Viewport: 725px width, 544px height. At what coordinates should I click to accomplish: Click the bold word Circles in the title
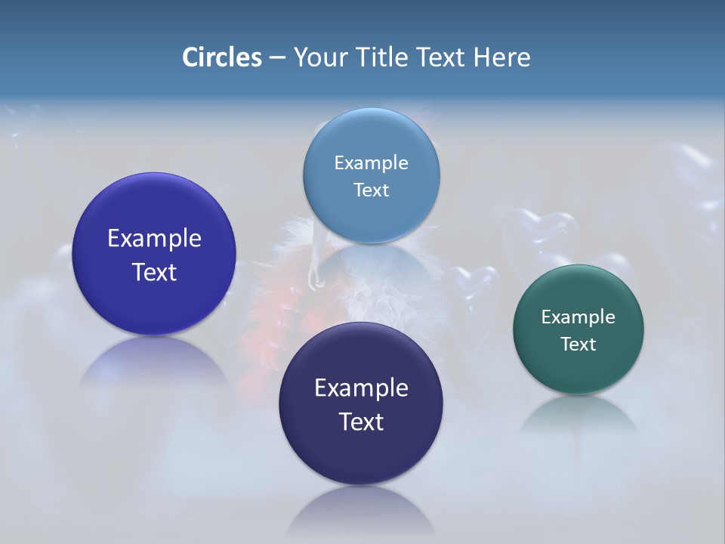pyautogui.click(x=221, y=57)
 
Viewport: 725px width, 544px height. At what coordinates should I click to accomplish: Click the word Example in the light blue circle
pyautogui.click(x=371, y=162)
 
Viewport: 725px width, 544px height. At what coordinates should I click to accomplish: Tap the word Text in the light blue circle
pyautogui.click(x=371, y=190)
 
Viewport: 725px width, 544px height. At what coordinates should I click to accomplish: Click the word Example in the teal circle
pyautogui.click(x=578, y=317)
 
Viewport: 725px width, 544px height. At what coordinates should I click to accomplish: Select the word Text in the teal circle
pyautogui.click(x=578, y=345)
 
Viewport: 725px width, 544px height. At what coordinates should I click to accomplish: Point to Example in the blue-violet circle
pyautogui.click(x=154, y=238)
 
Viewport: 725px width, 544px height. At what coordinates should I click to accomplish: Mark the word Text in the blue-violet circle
pyautogui.click(x=154, y=272)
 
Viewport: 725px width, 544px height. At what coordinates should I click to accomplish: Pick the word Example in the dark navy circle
pyautogui.click(x=361, y=388)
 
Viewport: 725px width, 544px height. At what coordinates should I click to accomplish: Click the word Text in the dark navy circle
pyautogui.click(x=361, y=422)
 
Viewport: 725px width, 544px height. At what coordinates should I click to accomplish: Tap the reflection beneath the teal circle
pyautogui.click(x=578, y=416)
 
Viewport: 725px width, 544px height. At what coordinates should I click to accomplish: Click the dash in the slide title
pyautogui.click(x=276, y=57)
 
